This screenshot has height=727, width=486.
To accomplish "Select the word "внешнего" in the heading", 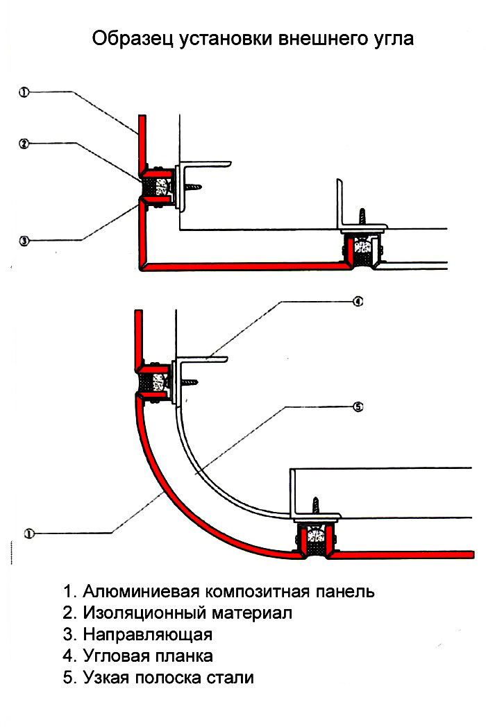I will click(x=321, y=39).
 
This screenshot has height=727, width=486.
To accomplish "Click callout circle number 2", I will click(x=23, y=144).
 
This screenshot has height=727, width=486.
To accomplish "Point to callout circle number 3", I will click(x=23, y=241).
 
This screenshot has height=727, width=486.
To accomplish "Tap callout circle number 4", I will click(x=358, y=302).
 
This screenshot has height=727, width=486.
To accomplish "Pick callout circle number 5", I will click(x=358, y=407).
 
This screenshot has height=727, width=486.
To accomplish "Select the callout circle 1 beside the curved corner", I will click(x=29, y=533).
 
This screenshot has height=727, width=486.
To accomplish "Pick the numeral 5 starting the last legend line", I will click(x=67, y=677).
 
